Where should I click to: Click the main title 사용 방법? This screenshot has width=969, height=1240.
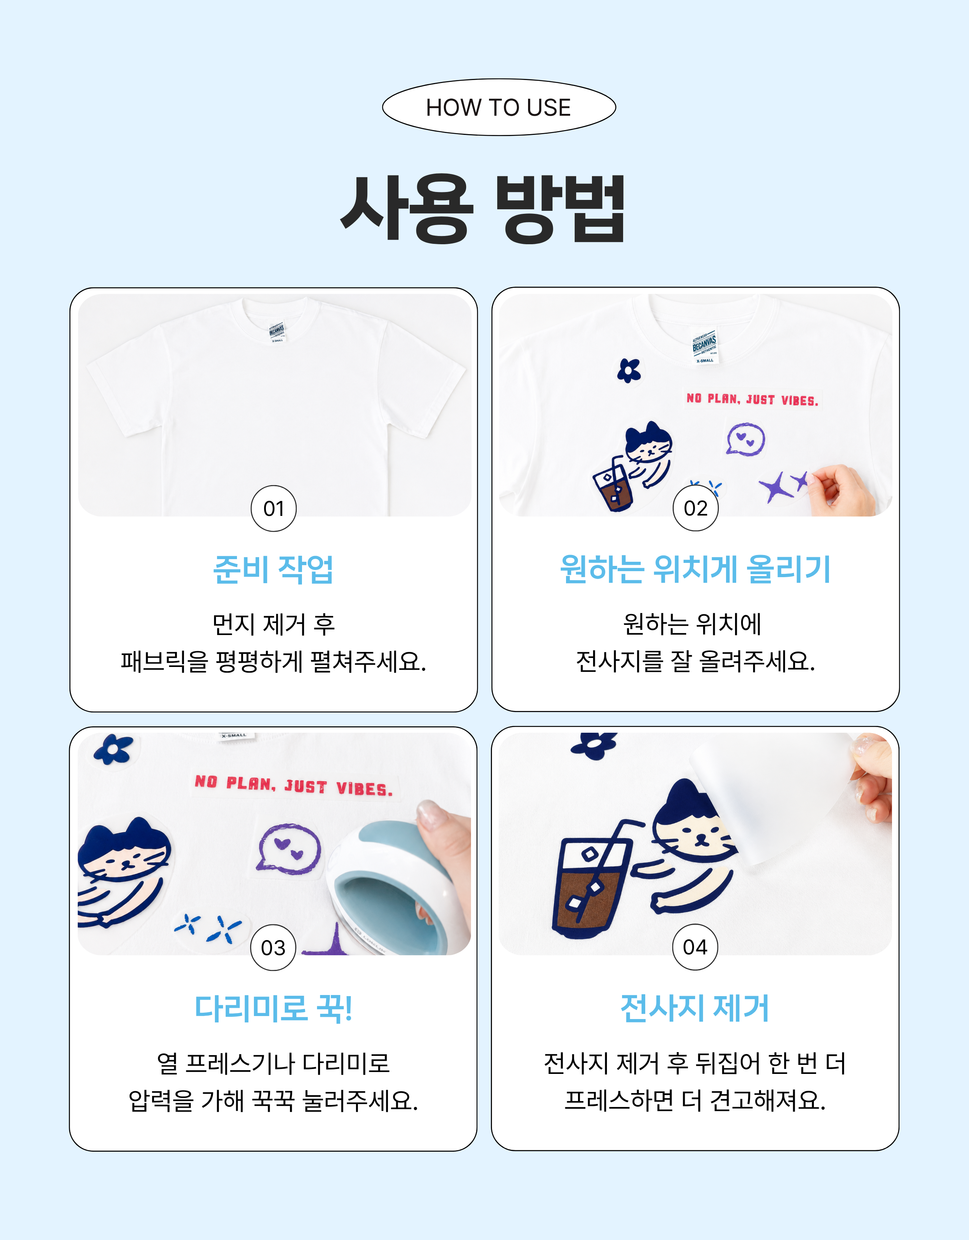click(x=483, y=209)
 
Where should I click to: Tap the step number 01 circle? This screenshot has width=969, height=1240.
click(x=274, y=508)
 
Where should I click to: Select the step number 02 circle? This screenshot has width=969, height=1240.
click(x=695, y=508)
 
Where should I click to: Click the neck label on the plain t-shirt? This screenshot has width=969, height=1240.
click(x=277, y=333)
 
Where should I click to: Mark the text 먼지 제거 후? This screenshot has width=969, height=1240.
click(x=274, y=624)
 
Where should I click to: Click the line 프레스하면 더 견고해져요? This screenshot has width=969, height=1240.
click(x=695, y=1100)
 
